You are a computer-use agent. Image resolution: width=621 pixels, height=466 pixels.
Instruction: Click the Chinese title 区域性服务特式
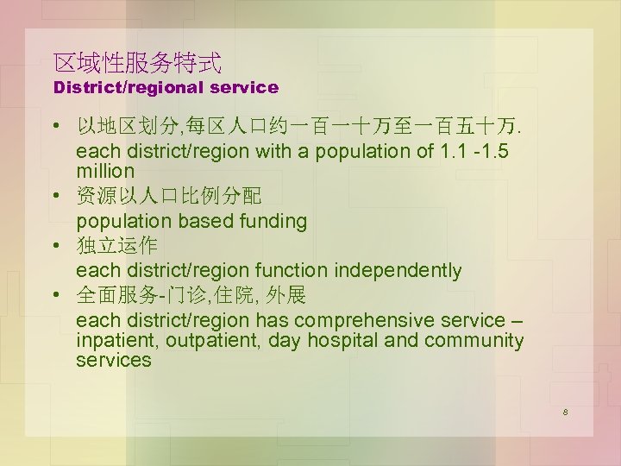pos(137,62)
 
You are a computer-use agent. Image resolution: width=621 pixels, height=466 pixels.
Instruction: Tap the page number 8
pos(564,412)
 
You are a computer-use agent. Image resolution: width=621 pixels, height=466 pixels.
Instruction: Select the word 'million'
pos(105,171)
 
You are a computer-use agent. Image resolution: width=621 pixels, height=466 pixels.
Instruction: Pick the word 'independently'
pos(398,271)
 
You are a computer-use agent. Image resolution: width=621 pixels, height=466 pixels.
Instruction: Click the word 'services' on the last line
pos(113,361)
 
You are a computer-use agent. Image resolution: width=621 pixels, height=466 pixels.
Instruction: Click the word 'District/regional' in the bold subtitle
pos(130,87)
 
